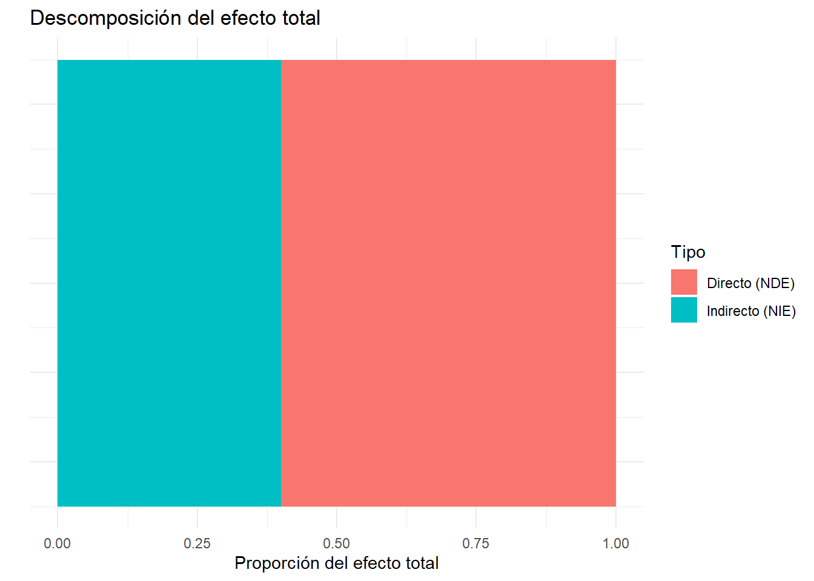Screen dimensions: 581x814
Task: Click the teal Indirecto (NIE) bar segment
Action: pos(169,283)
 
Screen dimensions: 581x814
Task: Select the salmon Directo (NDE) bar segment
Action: pos(448,283)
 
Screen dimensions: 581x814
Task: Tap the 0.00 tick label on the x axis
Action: pos(58,543)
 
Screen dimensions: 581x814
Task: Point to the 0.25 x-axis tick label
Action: pos(197,543)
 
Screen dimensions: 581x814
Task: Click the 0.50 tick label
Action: pos(337,543)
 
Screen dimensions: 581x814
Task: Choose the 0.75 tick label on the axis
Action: pos(476,543)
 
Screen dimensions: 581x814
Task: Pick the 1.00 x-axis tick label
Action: pos(615,543)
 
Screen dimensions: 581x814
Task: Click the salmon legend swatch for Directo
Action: pos(684,283)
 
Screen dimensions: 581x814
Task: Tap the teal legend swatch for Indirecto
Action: pos(684,310)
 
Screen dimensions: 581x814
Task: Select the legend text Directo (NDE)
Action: pos(750,283)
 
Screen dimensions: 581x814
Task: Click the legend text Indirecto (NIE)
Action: pos(751,311)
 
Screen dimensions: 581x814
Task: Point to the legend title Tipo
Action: pos(688,252)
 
